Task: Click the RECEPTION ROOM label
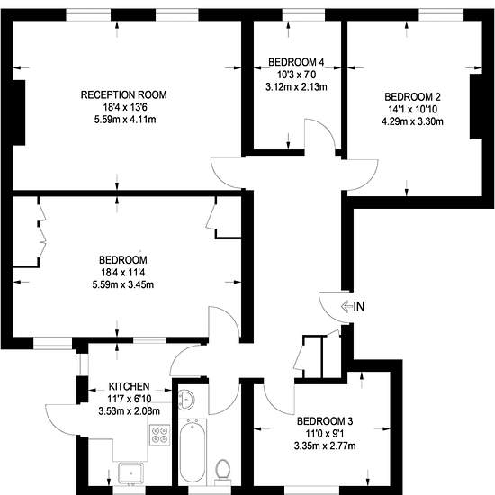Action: click(124, 94)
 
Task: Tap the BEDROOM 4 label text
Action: click(296, 62)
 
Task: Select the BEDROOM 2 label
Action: click(412, 96)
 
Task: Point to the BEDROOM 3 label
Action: click(325, 421)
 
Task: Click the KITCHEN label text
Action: click(129, 386)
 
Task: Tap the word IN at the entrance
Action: click(359, 306)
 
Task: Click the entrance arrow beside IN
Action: click(346, 306)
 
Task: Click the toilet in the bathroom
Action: click(223, 472)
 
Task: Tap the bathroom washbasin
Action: click(186, 400)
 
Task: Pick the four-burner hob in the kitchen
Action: click(159, 435)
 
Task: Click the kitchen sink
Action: click(130, 473)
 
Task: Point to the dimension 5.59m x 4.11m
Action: click(125, 120)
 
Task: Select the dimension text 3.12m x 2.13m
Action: click(296, 86)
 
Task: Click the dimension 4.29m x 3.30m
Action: click(412, 121)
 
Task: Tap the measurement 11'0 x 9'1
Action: click(325, 433)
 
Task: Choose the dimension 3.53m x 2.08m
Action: click(129, 411)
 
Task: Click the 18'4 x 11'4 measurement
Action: click(123, 272)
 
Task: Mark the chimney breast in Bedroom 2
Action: click(475, 106)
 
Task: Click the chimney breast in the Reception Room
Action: click(19, 112)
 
